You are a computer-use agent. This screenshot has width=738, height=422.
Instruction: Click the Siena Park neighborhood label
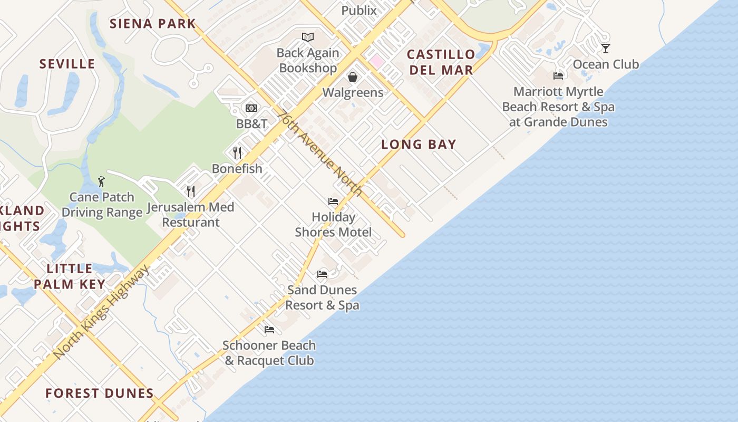(152, 24)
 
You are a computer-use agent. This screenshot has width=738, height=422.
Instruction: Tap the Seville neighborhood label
(67, 64)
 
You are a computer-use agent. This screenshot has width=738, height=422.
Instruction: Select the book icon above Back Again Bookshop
(308, 37)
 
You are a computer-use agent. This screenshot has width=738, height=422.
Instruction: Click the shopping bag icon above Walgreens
(353, 77)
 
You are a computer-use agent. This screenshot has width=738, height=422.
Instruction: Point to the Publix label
(359, 11)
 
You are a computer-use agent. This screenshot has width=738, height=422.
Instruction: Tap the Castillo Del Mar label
(441, 62)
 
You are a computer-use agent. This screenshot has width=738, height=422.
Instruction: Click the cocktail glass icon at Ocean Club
(606, 49)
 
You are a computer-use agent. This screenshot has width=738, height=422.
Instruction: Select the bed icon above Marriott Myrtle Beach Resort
(558, 76)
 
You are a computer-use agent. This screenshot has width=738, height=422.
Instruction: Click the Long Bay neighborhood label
(419, 145)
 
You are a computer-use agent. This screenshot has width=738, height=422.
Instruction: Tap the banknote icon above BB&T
(251, 108)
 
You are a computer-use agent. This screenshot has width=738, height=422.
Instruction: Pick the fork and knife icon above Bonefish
(237, 153)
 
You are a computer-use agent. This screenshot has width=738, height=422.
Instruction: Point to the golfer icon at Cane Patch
(102, 181)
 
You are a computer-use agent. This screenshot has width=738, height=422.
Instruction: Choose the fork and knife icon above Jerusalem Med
(190, 191)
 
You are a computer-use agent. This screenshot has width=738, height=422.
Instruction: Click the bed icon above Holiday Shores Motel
(333, 202)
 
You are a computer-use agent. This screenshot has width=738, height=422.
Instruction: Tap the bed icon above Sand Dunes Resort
(322, 274)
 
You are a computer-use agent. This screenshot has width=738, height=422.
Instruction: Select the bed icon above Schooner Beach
(269, 330)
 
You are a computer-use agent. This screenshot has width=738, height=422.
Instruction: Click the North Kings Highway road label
(102, 312)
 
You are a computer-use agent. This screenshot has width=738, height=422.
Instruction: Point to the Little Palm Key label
(70, 276)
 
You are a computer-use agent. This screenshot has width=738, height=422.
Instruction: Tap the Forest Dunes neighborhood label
(100, 394)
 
